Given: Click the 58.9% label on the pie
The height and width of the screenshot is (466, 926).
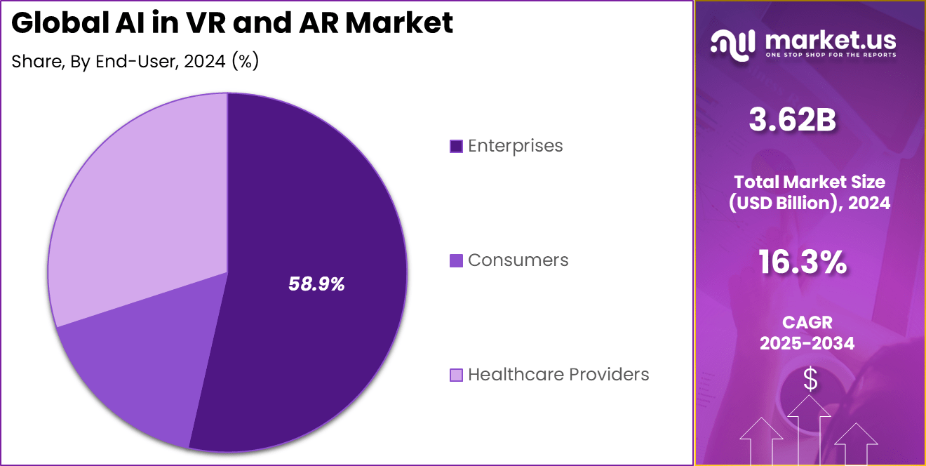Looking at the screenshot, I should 316,284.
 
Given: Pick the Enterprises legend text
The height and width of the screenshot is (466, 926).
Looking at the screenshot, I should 515,146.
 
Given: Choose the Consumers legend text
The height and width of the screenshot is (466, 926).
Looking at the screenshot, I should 518,260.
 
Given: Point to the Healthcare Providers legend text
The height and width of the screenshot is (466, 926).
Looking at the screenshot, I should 558,375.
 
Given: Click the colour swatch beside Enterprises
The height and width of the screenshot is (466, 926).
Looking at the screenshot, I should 456,147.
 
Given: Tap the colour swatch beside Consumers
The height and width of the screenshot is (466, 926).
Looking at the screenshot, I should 456,261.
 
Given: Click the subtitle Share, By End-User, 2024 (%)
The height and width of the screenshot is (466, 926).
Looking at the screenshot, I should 135,62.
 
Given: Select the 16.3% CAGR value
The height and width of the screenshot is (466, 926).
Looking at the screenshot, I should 802,263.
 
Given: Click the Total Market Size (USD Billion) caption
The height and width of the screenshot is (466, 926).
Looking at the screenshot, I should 809,192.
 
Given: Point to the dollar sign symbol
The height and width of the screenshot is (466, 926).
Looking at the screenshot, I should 810,380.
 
